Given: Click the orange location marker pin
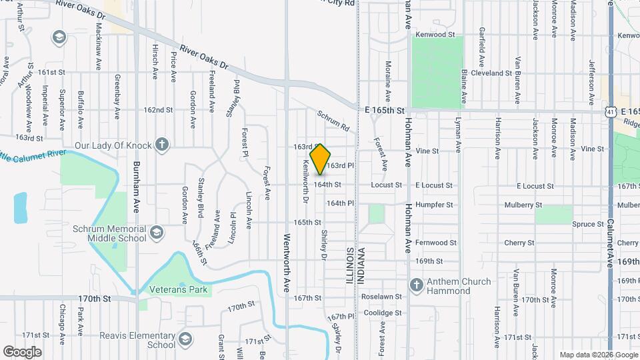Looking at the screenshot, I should tap(321, 159).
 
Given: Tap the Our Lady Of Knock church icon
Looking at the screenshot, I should tap(161, 144).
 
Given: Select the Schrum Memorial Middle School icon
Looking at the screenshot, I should tap(156, 232).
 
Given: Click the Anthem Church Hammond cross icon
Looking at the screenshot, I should tap(417, 285).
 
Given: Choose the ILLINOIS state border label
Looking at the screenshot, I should tap(349, 266).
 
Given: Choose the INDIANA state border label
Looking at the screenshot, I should tap(361, 266).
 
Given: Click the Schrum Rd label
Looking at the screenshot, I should tap(333, 120).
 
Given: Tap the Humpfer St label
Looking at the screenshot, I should tap(434, 205).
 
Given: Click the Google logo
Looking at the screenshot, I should tap(22, 351).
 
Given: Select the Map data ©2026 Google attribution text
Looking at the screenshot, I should tap(598, 355).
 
